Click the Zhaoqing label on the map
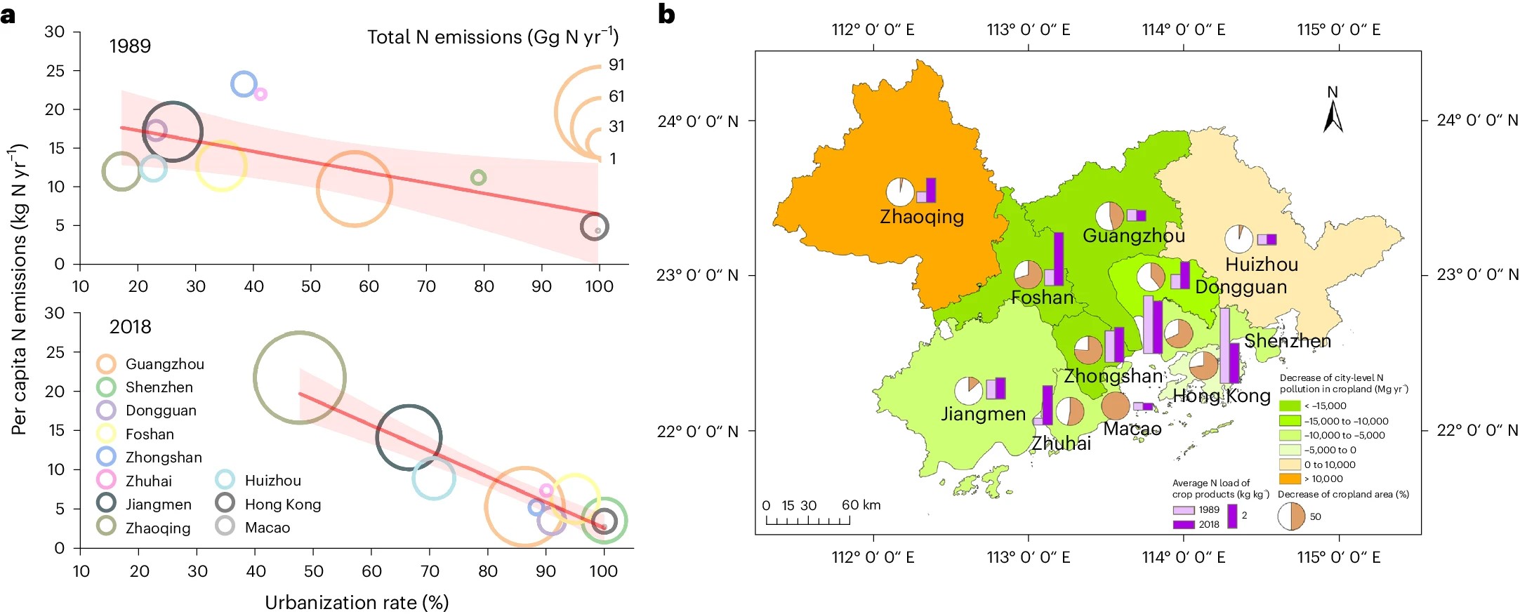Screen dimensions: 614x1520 pos(922,216)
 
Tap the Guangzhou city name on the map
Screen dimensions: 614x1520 pos(1133,235)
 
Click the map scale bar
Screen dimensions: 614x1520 pos(807,520)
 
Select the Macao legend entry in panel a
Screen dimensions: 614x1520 pos(267,527)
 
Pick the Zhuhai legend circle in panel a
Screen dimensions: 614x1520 pos(106,481)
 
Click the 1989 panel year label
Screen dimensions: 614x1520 pos(130,46)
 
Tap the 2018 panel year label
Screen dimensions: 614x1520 pos(130,327)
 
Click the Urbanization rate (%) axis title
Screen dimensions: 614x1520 pos(356,602)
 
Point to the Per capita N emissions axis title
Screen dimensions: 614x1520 pos(19,288)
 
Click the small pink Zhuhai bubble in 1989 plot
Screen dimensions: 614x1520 pos(260,94)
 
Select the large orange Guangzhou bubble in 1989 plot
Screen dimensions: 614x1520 pos(355,189)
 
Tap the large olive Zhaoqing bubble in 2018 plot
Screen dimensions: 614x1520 pos(300,378)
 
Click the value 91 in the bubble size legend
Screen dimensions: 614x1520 pos(616,65)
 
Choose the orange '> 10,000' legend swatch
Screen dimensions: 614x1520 pos(1290,479)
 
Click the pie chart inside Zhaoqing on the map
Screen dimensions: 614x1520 pos(900,192)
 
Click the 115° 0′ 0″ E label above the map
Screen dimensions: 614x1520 pos(1338,29)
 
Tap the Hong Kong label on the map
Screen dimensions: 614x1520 pos(1222,396)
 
